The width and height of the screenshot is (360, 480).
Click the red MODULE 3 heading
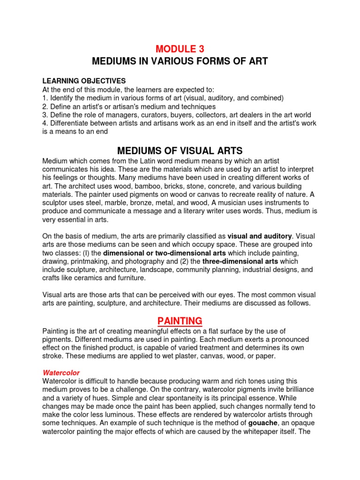click(x=180, y=49)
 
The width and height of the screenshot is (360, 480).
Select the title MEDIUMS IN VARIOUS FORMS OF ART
click(x=180, y=62)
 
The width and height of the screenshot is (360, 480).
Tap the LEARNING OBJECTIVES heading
click(x=84, y=81)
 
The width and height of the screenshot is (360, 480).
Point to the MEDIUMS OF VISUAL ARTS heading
click(x=180, y=151)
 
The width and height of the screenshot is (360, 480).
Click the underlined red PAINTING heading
click(x=180, y=321)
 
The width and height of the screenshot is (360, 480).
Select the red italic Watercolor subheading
click(x=61, y=373)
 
